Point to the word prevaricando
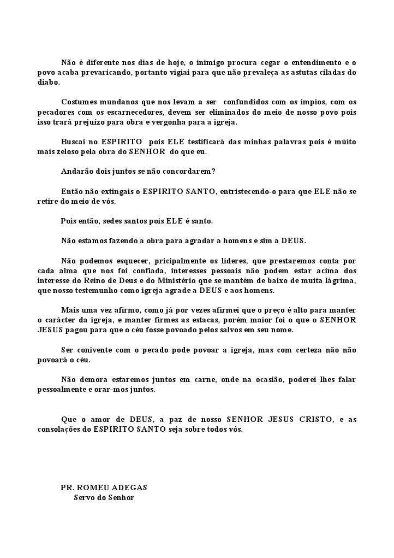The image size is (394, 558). tap(105, 73)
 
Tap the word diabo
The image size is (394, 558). tap(48, 83)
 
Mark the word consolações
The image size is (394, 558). tap(58, 429)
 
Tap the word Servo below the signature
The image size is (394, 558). tap(85, 498)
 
